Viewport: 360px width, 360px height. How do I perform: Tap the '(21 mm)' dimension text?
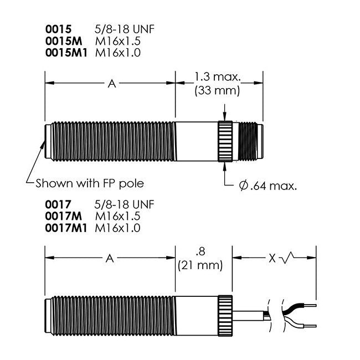[x=200, y=265]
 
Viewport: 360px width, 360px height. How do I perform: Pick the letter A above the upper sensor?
[x=111, y=84]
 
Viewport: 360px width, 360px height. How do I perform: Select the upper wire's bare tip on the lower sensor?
[x=310, y=304]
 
